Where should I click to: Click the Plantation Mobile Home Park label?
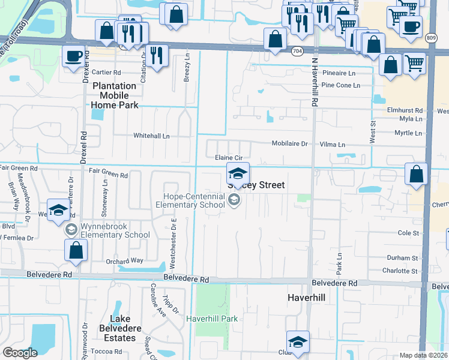click(115, 95)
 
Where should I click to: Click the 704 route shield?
click(297, 52)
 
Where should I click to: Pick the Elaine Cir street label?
click(228, 158)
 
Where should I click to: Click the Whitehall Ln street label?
click(151, 136)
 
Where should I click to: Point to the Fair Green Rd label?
click(109, 176)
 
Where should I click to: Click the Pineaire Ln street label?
click(339, 73)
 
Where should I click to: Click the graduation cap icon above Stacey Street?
click(238, 173)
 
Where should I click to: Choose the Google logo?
click(20, 353)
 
